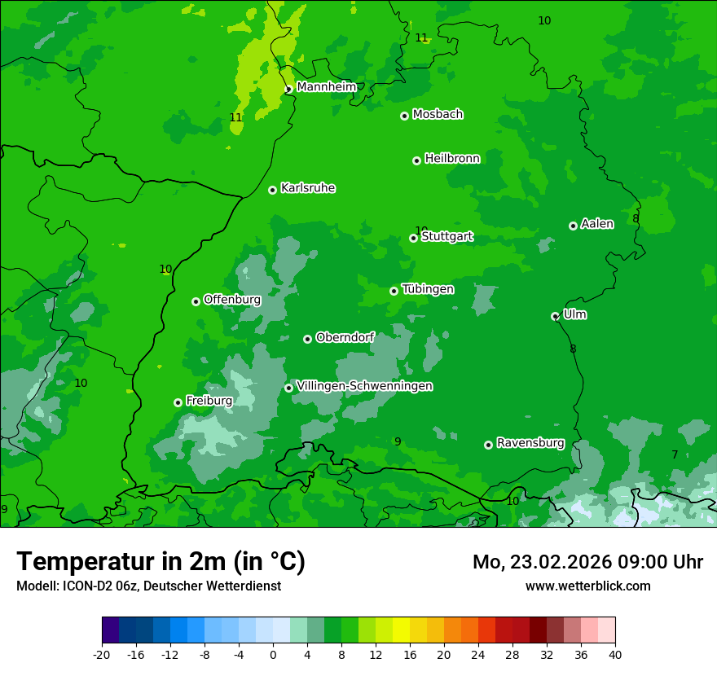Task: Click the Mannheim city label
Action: [327, 87]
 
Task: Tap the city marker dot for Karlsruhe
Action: [272, 190]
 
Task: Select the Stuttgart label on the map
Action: [446, 237]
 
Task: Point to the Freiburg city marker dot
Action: [178, 402]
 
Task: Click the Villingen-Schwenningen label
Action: [364, 386]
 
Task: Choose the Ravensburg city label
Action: [530, 443]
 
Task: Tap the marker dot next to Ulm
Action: [555, 316]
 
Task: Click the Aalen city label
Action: [597, 224]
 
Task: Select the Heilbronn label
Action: [452, 159]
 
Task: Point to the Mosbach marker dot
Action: [404, 116]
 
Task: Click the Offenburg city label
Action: [232, 300]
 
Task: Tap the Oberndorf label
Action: [345, 337]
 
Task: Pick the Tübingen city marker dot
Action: [394, 291]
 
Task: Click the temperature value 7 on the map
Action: [675, 454]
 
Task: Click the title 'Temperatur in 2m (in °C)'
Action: [161, 561]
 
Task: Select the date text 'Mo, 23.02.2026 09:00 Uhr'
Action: [587, 562]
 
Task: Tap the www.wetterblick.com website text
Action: [587, 586]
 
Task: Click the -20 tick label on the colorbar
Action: [102, 654]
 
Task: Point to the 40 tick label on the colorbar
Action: [614, 654]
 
